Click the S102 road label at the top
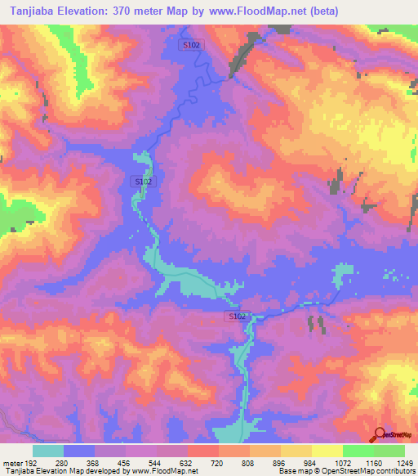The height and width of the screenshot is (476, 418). coord(191,47)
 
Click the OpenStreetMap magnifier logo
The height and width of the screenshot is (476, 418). coord(378,435)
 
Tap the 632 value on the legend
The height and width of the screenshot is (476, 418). coord(188,462)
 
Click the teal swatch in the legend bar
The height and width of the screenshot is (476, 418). coord(48,451)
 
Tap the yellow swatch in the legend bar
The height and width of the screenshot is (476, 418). coord(327,451)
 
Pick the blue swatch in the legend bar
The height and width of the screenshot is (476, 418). coord(79,451)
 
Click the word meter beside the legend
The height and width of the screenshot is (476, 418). coord(11,462)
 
